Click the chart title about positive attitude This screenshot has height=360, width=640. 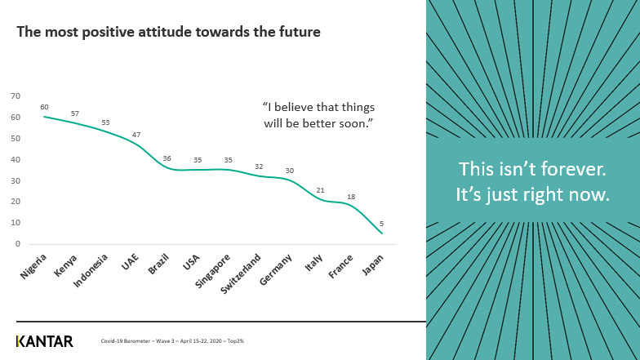pyautogui.click(x=168, y=33)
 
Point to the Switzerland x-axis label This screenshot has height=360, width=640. pyautogui.click(x=242, y=271)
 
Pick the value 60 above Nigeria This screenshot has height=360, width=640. pyautogui.click(x=44, y=107)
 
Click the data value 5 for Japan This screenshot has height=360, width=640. pyautogui.click(x=382, y=223)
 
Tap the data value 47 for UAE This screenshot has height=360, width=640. pyautogui.click(x=137, y=134)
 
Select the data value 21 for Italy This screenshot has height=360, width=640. pyautogui.click(x=321, y=190)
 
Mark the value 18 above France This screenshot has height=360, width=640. pyautogui.click(x=351, y=197)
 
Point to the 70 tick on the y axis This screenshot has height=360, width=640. pyautogui.click(x=16, y=96)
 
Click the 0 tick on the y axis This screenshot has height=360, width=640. pyautogui.click(x=18, y=243)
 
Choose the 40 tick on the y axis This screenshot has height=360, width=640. pyautogui.click(x=16, y=159)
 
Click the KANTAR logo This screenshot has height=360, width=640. pyautogui.click(x=45, y=341)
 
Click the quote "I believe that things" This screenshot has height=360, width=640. pyautogui.click(x=319, y=107)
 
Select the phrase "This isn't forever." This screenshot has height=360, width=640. pyautogui.click(x=532, y=169)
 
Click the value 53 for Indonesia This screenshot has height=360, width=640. pyautogui.click(x=105, y=122)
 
